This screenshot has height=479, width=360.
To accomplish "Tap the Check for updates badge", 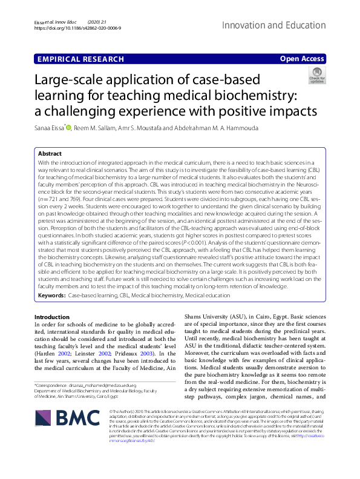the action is click(316, 76).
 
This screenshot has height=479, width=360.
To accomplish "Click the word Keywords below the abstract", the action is click(51, 295).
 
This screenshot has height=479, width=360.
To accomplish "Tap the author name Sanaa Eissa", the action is click(49, 128).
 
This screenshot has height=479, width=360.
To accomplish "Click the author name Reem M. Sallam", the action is click(97, 128).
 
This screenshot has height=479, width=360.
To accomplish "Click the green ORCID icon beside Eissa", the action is click(68, 128).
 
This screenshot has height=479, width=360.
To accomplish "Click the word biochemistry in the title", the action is click(252, 95).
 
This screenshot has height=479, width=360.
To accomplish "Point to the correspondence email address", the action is click(92, 368).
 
